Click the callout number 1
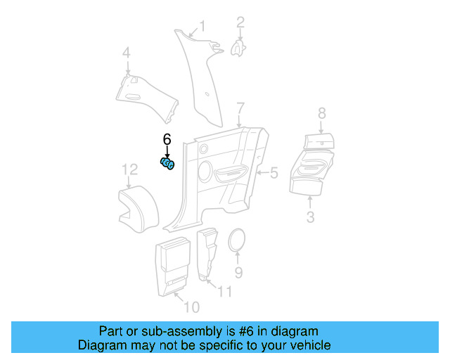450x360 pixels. (202, 27)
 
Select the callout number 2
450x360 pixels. (240, 22)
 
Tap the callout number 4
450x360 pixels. (127, 53)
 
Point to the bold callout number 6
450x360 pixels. (167, 139)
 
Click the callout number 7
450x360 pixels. (240, 108)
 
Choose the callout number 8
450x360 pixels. (322, 113)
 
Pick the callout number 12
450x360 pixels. (129, 169)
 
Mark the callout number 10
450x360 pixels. (191, 307)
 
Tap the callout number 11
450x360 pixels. (224, 291)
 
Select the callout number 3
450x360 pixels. (310, 217)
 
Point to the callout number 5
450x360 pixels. (274, 172)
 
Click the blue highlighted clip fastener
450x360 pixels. (167, 164)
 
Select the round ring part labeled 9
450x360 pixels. (238, 241)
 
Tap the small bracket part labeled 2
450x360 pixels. (239, 46)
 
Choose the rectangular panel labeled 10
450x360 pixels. (173, 265)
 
